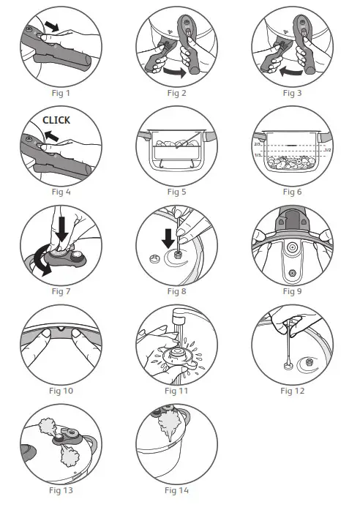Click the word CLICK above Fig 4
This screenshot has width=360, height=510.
pos(56,119)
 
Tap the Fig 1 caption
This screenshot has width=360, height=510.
pos(61,93)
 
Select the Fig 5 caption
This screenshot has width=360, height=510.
pos(177,192)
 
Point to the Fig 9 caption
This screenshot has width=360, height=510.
pos(293,291)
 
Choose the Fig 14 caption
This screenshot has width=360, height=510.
pos(177,490)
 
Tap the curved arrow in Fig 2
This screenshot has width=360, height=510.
pos(174,72)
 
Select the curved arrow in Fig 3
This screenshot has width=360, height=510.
pos(290,72)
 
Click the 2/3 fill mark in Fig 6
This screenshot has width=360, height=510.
pos(257,146)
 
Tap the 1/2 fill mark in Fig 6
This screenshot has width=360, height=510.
pos(329,150)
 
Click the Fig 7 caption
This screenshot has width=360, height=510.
pos(61,291)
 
